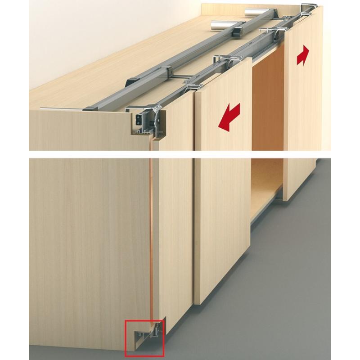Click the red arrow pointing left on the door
coord(229,117)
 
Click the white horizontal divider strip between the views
coord(180,154)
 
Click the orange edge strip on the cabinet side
coord(152,234)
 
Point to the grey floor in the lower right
coord(315,292)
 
